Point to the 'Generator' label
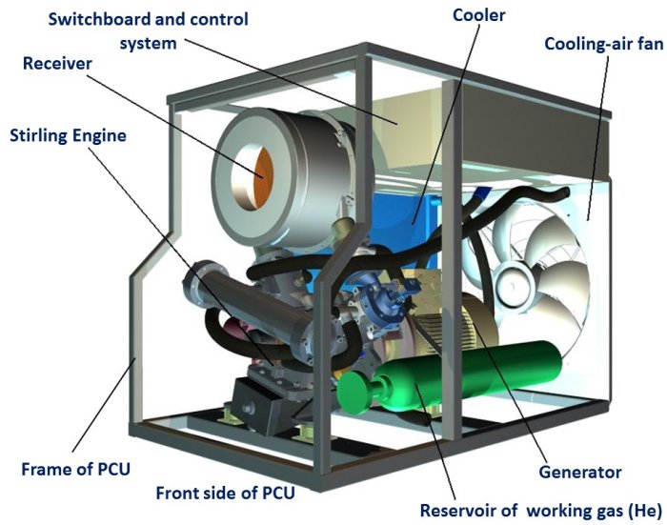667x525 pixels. point(579,472)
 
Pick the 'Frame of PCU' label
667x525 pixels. point(75,470)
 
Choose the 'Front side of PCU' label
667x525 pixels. point(225,494)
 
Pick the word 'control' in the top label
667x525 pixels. point(215,19)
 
